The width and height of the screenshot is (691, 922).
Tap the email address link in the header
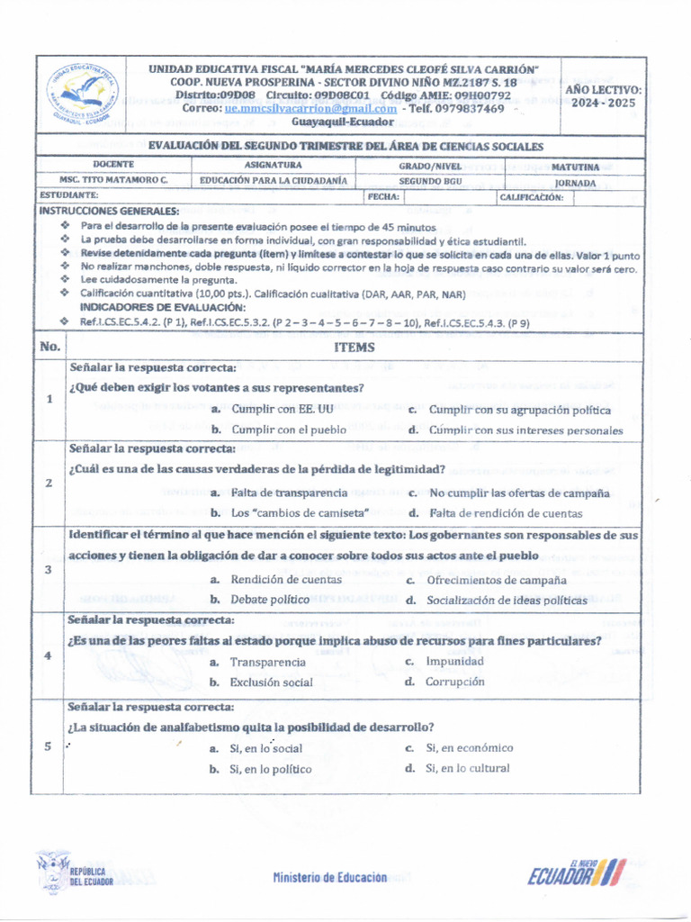[x=310, y=109]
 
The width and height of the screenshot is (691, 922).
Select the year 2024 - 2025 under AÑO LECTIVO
[x=603, y=103]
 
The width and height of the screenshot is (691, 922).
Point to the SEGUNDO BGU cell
[x=430, y=180]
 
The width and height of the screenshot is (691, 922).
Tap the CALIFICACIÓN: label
[x=532, y=196]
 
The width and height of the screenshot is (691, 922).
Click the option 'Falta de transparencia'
[x=289, y=493]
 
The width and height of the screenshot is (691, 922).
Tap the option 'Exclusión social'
[x=271, y=682]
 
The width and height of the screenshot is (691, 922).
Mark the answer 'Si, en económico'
[x=470, y=748]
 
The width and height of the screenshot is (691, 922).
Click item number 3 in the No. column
[x=48, y=569]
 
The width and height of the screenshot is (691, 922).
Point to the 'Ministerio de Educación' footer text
[x=329, y=877]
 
